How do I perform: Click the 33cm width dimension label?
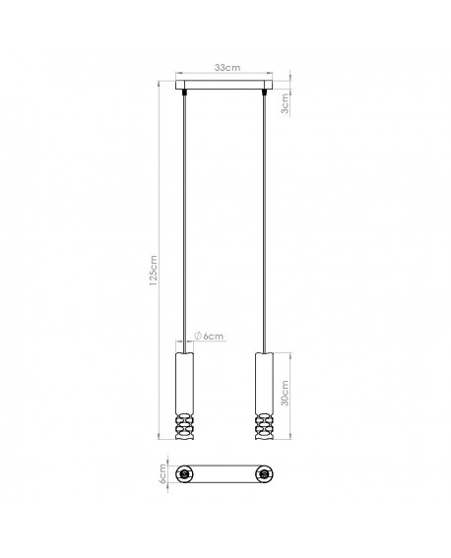(x=226, y=67)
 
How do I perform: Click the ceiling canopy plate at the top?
(x=226, y=87)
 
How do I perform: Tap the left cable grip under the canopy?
(x=186, y=94)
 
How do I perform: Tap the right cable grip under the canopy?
(x=266, y=94)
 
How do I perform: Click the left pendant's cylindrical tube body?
(x=186, y=384)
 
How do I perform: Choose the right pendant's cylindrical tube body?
(x=266, y=384)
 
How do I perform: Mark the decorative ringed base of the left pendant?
(x=186, y=426)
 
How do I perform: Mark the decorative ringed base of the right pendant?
(x=266, y=426)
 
